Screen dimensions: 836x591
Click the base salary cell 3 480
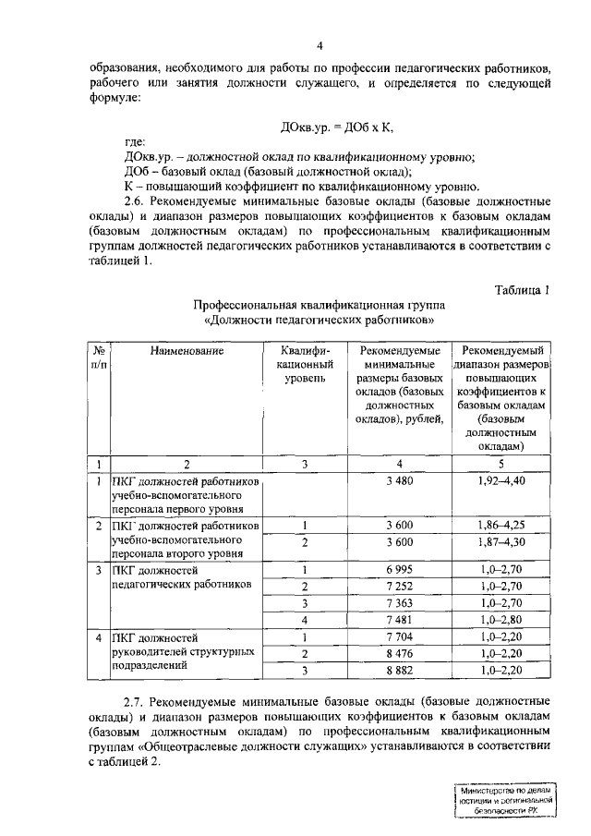tap(399, 481)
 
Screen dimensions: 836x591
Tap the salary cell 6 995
tap(399, 569)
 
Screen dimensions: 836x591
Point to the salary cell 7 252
tap(399, 587)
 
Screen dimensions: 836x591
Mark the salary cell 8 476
tap(399, 653)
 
